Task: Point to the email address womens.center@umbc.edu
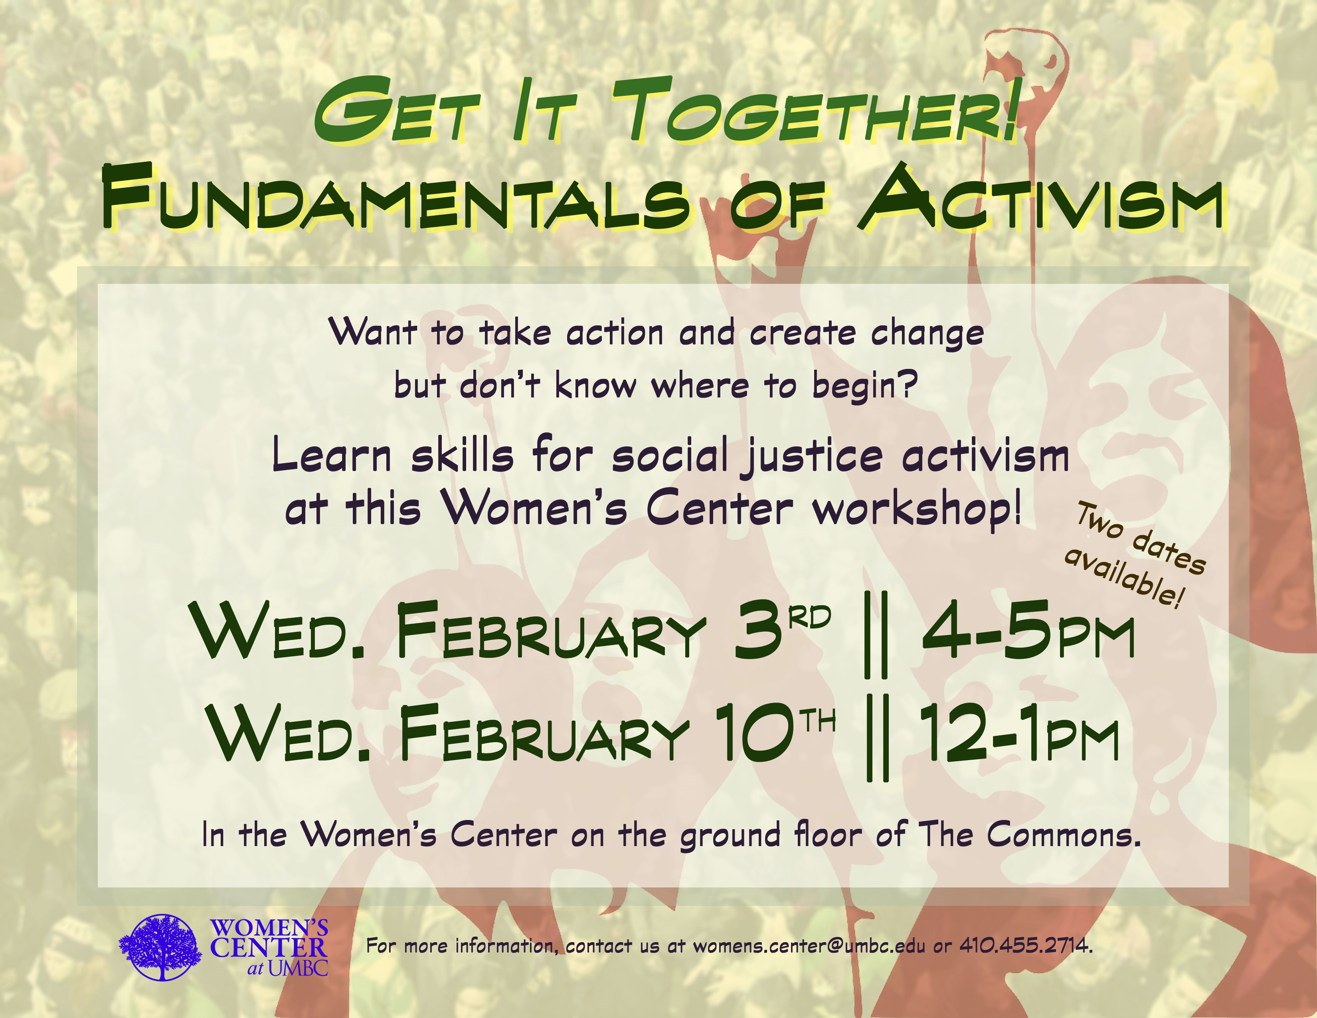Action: (x=809, y=946)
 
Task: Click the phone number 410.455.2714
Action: (x=1026, y=946)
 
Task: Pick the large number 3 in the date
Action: (x=761, y=630)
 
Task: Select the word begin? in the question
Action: (x=865, y=386)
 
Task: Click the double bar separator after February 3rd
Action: (x=876, y=634)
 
